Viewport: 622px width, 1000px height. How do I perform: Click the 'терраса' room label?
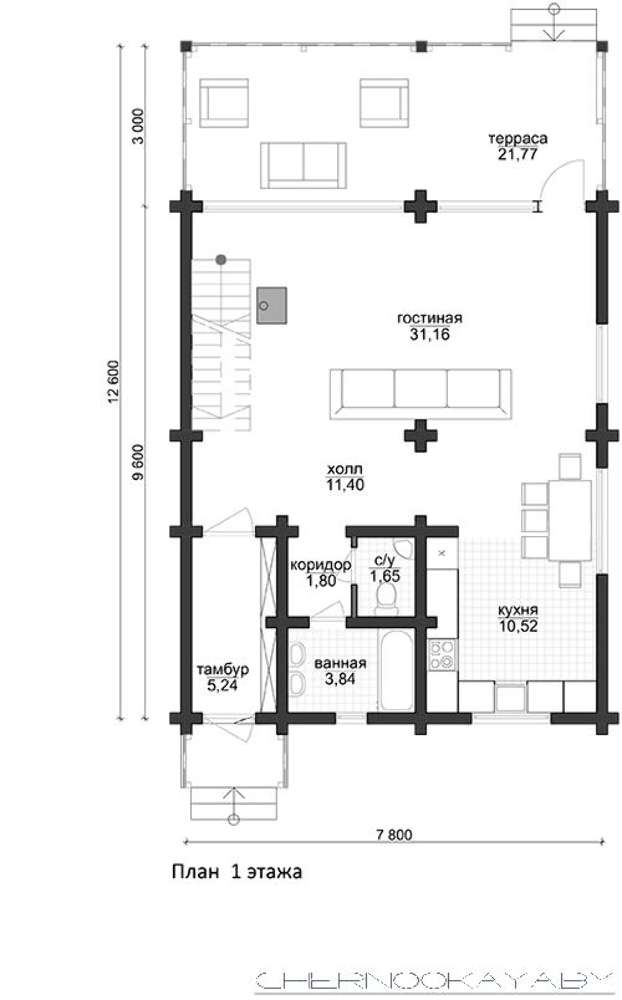point(518,138)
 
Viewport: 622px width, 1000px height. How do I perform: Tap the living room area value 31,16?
point(429,334)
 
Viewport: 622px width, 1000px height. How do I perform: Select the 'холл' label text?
point(345,470)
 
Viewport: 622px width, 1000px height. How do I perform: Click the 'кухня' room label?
point(518,610)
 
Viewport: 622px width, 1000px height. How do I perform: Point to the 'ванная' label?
point(340,664)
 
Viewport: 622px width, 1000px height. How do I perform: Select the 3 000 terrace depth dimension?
point(138,127)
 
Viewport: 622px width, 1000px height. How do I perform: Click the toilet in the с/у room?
point(386,598)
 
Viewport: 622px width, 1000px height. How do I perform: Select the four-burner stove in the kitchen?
point(443,655)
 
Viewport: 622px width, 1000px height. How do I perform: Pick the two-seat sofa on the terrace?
point(304,165)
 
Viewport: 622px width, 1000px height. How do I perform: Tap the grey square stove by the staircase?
point(271,305)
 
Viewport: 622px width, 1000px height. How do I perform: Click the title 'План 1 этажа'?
point(237,872)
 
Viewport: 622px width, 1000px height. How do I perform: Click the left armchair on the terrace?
point(224,103)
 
